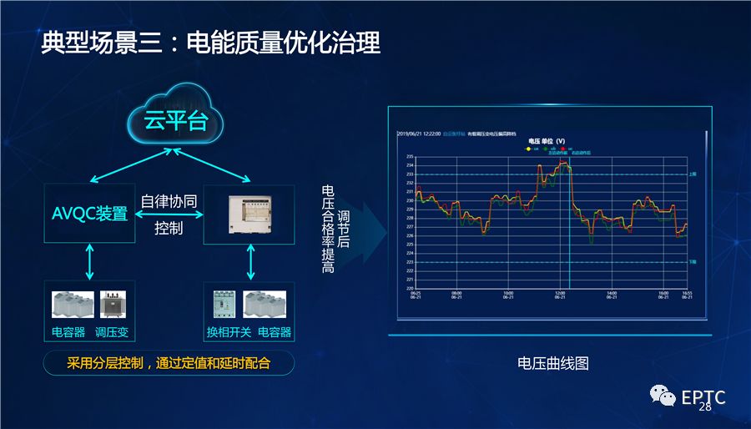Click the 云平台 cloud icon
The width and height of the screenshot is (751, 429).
point(174,122)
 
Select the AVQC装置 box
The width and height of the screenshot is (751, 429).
point(89,213)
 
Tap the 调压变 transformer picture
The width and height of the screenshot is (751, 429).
point(113,305)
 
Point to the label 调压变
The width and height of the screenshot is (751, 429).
point(112,332)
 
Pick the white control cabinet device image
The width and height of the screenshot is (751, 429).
point(250,213)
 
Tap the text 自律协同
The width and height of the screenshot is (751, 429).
point(169,200)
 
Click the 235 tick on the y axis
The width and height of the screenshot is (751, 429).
point(410,156)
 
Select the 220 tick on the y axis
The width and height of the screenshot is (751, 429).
point(410,288)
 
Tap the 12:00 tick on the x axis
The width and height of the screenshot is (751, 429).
point(561,295)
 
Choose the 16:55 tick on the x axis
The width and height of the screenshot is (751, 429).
point(686,295)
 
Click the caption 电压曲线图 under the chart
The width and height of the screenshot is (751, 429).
point(553,363)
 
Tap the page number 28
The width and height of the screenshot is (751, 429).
point(705,407)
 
